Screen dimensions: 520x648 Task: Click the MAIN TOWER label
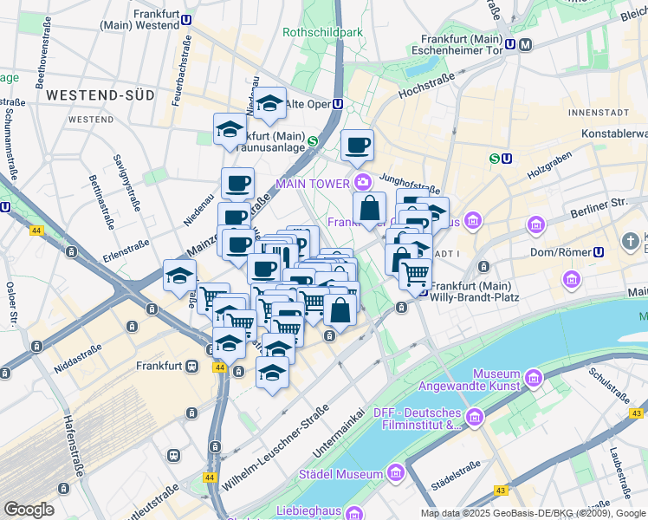(313, 183)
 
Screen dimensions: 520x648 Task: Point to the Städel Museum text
(340, 474)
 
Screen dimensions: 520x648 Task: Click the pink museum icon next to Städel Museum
(397, 473)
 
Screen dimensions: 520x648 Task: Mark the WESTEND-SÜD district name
(100, 94)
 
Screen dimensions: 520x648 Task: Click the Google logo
(29, 510)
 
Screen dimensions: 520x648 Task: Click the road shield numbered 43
(502, 491)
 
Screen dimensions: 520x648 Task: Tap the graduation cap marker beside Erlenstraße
(179, 276)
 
